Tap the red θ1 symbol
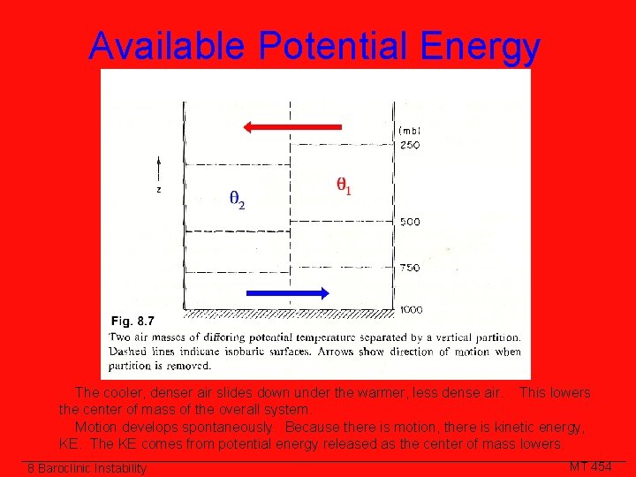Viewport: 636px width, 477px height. coord(344,186)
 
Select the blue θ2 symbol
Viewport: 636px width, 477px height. coord(237,200)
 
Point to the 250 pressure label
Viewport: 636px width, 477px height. coord(409,146)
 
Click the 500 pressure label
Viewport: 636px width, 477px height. coord(409,223)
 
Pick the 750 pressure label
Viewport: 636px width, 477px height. coord(409,268)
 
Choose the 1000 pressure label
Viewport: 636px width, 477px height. coord(411,309)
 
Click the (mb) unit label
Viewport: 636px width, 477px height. coord(409,131)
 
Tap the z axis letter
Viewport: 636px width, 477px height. coord(159,188)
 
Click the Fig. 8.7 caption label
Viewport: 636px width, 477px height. coord(132,321)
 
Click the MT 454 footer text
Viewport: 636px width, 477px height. coord(590,466)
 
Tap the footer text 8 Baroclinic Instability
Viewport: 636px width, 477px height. coord(87,468)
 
